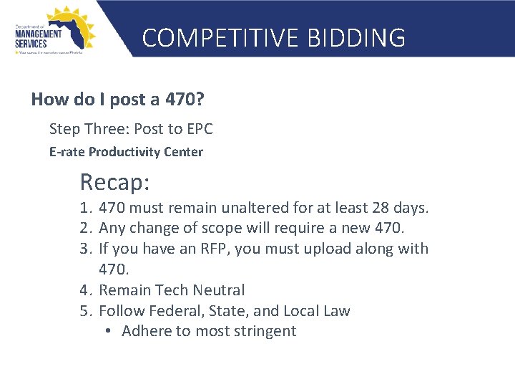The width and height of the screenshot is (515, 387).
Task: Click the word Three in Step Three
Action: pyautogui.click(x=108, y=129)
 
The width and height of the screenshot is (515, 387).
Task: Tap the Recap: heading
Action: pyautogui.click(x=114, y=182)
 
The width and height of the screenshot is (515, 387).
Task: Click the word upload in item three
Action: pyautogui.click(x=322, y=249)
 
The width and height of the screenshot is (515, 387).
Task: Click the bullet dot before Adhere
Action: pyautogui.click(x=106, y=331)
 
